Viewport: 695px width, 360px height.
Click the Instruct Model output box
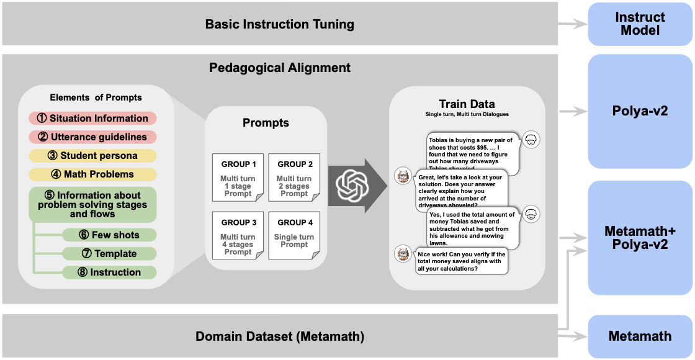(x=640, y=24)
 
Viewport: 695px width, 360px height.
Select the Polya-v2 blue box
(x=640, y=110)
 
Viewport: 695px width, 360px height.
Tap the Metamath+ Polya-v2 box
(x=640, y=238)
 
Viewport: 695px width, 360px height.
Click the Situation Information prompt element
(x=92, y=118)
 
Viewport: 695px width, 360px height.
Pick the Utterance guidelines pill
(x=92, y=137)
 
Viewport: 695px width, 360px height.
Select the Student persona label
(x=92, y=155)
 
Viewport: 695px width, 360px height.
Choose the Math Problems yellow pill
(x=92, y=174)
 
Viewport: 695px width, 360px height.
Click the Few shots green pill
(x=109, y=235)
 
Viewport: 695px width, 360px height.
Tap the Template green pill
(x=109, y=253)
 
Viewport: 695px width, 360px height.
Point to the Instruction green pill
(x=109, y=272)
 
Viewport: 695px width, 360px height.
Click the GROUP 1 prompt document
(x=238, y=178)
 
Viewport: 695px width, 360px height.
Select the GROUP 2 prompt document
(x=294, y=178)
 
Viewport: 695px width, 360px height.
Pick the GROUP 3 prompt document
(x=238, y=236)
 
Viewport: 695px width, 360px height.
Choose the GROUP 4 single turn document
(x=294, y=236)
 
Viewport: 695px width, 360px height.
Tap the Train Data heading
(x=467, y=104)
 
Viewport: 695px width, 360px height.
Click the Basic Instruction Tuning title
(x=279, y=25)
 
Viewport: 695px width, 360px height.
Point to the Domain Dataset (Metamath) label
(x=279, y=336)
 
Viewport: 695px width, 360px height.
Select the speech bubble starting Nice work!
(x=461, y=261)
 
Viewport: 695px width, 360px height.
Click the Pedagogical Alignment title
(x=279, y=68)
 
